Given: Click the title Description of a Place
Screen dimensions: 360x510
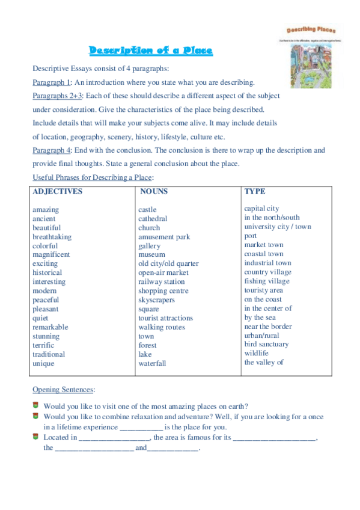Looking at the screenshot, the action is point(151,51).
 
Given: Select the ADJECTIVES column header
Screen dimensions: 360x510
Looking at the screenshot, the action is point(58,192).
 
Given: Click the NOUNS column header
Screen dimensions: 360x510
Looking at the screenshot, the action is point(154,192).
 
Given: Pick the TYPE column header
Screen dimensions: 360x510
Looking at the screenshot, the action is point(255,191).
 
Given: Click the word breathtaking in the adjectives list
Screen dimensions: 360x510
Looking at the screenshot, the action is point(52,237).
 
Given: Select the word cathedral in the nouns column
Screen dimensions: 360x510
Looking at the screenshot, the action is point(153,219).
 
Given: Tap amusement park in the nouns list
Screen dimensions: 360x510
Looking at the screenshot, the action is point(164,237).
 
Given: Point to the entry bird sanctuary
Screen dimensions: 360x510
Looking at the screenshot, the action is point(266,345).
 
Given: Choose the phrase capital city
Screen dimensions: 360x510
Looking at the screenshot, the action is point(261,209).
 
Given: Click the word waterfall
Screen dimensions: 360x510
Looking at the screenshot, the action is point(152,363).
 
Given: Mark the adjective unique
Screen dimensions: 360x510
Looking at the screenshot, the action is point(43,363).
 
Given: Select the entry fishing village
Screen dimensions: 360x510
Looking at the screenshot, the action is point(266,281).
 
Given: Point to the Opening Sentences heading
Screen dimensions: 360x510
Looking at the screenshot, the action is point(64,390).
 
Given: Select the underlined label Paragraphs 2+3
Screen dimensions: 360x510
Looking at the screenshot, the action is point(58,96).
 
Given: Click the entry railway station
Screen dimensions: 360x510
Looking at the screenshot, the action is point(162,281).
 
